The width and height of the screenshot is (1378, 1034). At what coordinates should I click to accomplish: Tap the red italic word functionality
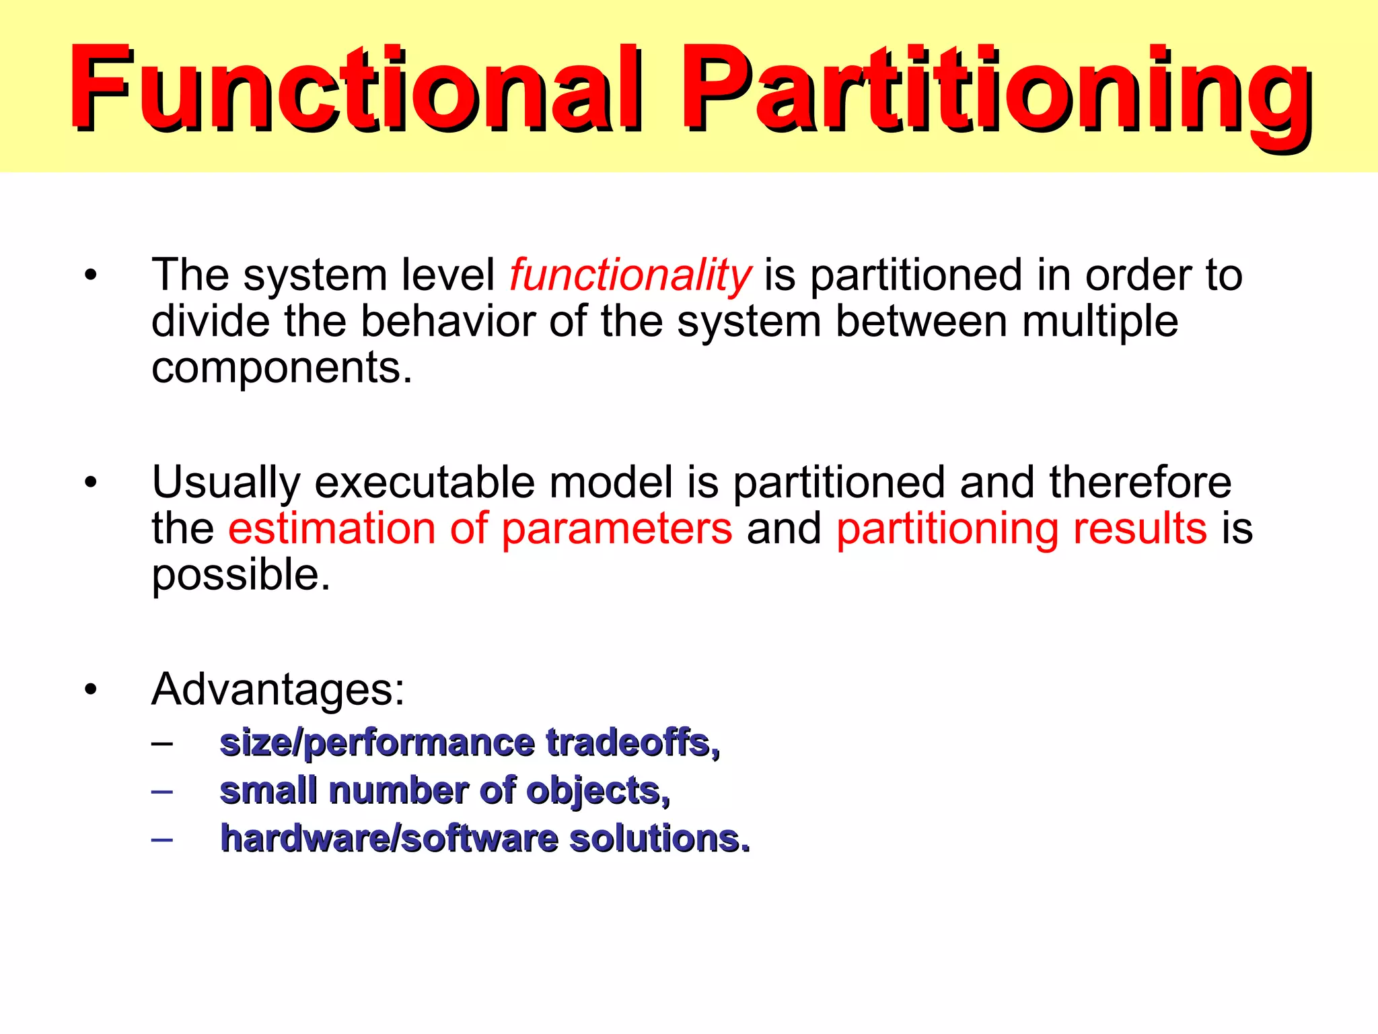tap(630, 276)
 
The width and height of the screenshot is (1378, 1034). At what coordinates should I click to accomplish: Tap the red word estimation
tap(332, 528)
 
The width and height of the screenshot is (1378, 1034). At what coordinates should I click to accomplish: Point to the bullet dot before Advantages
tap(91, 690)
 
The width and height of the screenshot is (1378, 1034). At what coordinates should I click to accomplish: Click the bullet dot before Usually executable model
tap(91, 483)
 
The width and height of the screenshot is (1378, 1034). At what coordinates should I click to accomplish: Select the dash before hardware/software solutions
tap(162, 839)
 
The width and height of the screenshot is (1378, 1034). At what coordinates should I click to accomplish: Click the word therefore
tap(1140, 483)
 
